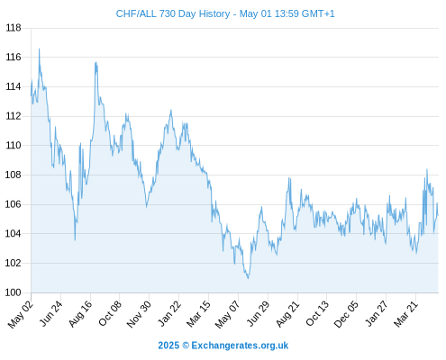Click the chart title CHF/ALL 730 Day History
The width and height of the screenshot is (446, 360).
coord(173,13)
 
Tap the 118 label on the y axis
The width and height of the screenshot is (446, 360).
coord(14,28)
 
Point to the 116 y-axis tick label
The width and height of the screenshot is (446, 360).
coord(14,57)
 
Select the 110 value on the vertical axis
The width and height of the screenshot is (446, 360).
coord(14,146)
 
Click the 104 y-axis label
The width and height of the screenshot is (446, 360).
coord(14,234)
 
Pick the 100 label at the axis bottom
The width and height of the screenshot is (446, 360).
coord(14,292)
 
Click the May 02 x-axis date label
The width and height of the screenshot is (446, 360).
coord(21,314)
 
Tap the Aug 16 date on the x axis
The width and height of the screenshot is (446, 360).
coord(80,314)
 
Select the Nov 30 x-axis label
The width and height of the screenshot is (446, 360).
coord(139,314)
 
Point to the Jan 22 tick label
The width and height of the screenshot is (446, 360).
coord(169,313)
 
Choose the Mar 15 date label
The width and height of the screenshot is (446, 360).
coord(198,314)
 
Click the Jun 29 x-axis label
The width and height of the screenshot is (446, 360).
coord(258,313)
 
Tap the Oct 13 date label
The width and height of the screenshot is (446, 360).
coord(317,313)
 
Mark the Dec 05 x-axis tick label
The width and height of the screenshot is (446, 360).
coord(346,314)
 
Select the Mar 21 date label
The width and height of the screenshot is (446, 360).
coord(405,314)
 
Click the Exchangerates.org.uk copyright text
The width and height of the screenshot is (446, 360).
coord(223,346)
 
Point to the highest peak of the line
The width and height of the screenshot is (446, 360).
coord(39,49)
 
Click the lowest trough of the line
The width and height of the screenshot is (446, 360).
coord(248,278)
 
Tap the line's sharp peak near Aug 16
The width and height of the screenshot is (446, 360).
coord(96,62)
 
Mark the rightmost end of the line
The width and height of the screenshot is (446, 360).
coord(438,215)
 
